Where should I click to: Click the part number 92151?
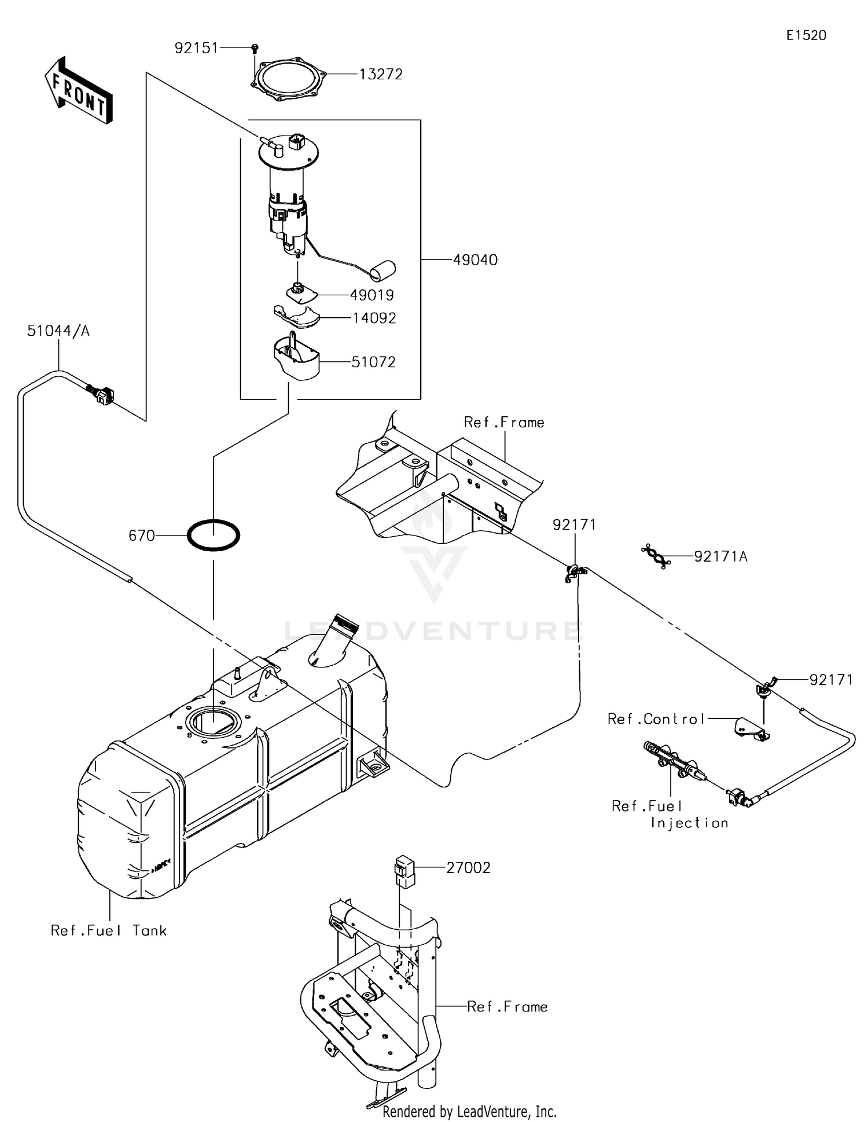click(x=196, y=48)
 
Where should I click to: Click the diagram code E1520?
click(x=806, y=35)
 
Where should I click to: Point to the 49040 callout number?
click(x=475, y=260)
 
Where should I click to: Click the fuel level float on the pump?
click(x=382, y=269)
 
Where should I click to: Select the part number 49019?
click(x=372, y=295)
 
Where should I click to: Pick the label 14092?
click(x=374, y=318)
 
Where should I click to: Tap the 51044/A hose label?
click(x=58, y=331)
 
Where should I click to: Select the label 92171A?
click(x=720, y=556)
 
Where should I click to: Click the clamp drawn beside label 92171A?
click(x=656, y=556)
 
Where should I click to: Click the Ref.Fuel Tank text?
click(x=109, y=930)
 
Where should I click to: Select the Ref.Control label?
click(x=656, y=719)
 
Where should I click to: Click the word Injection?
click(x=689, y=823)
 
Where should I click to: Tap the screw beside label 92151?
click(x=255, y=49)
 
